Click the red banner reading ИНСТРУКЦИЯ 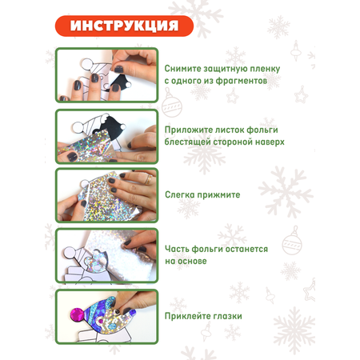[x=124, y=26]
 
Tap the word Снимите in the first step [x=183, y=69]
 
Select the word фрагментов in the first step [x=242, y=81]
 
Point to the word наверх [x=270, y=142]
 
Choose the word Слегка [x=180, y=194]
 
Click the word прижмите [x=218, y=195]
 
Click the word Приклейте [x=184, y=316]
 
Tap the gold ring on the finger [x=148, y=179]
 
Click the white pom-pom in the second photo [x=78, y=128]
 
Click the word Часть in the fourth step [x=177, y=249]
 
